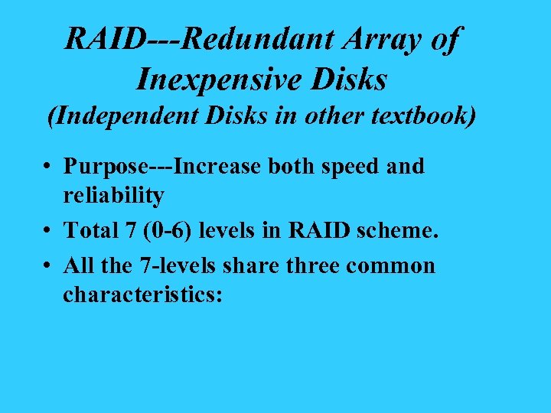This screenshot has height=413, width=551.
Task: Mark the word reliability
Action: [113, 196]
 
